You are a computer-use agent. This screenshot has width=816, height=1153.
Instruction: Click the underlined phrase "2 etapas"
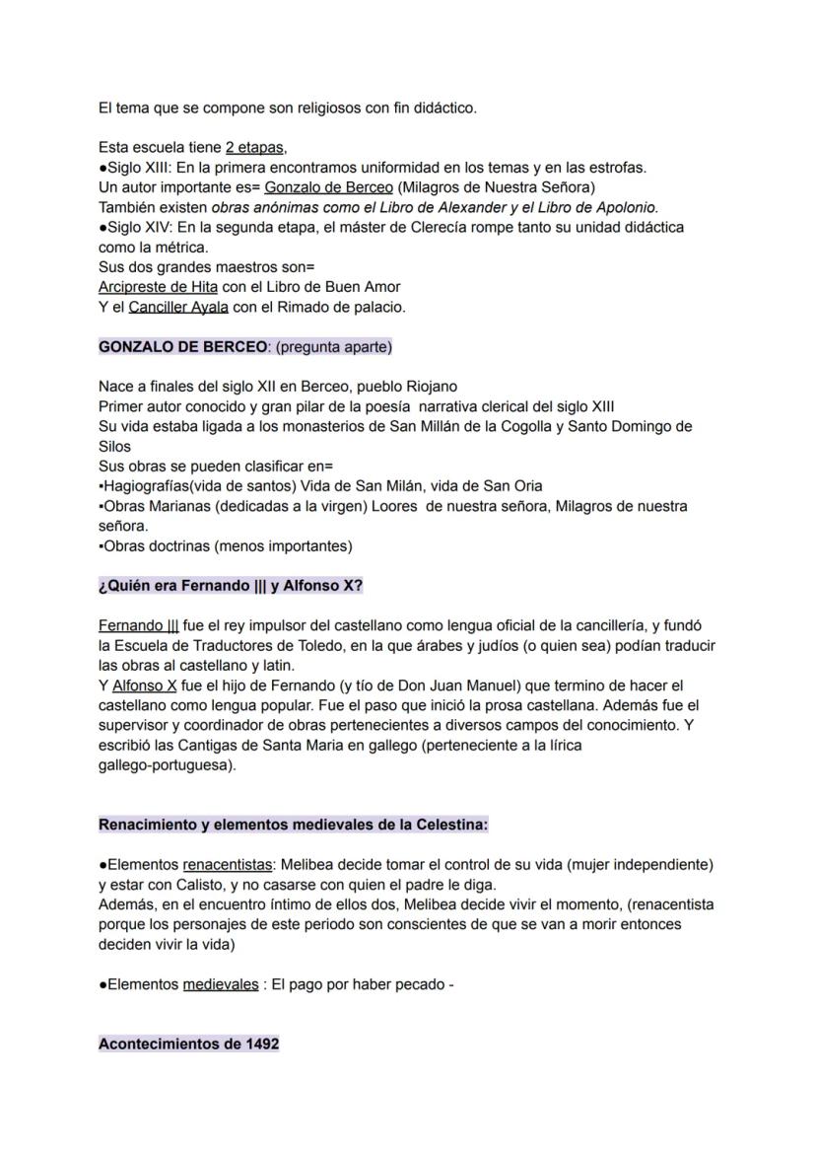[x=254, y=148]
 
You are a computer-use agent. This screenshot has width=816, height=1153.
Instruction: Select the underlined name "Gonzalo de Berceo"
[x=328, y=187]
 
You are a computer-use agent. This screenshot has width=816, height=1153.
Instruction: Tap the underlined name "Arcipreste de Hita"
[x=158, y=287]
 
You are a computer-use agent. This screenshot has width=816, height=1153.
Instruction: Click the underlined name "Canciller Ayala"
[x=178, y=307]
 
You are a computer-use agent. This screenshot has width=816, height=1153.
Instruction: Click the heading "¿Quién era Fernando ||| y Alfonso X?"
[x=231, y=585]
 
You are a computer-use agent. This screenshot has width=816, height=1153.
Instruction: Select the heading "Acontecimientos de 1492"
[x=188, y=1044]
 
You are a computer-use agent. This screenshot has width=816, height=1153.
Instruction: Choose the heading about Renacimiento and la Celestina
[x=294, y=825]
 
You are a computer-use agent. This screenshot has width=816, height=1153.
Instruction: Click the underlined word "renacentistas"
[x=227, y=864]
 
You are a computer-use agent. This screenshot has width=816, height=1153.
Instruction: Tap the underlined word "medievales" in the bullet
[x=221, y=984]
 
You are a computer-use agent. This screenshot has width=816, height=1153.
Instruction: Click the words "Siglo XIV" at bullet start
[x=137, y=227]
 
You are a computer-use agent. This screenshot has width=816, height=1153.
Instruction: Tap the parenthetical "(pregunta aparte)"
[x=330, y=346]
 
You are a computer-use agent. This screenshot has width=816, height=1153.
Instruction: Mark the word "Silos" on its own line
[x=114, y=446]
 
